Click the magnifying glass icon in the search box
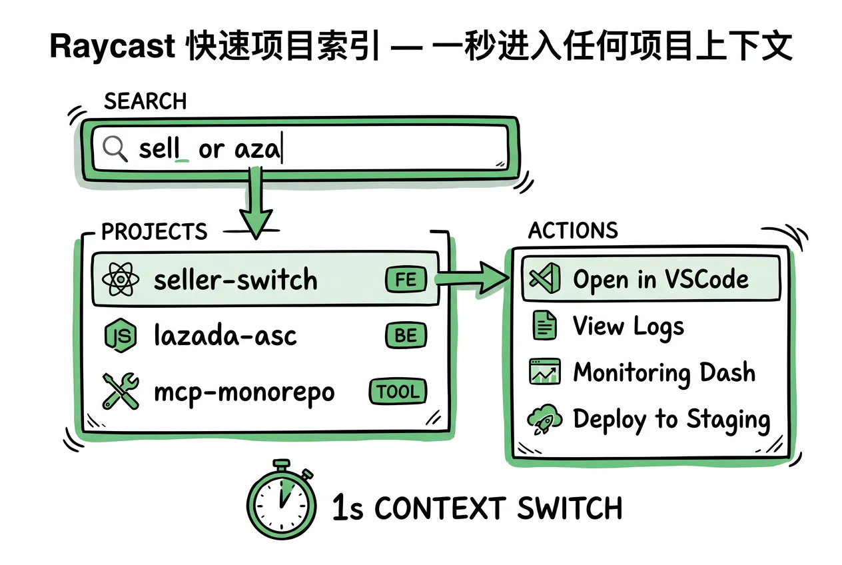click(x=115, y=148)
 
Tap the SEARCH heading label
click(x=145, y=101)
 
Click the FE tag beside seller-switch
click(x=405, y=280)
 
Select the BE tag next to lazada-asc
click(x=405, y=336)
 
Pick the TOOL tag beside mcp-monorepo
click(x=398, y=392)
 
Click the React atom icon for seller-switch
click(x=121, y=280)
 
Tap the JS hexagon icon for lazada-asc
click(x=121, y=336)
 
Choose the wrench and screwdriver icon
click(x=121, y=391)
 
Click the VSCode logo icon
click(x=542, y=279)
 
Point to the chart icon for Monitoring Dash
click(x=544, y=372)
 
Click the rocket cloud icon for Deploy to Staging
click(x=543, y=420)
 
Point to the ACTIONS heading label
click(x=573, y=231)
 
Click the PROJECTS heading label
click(x=155, y=232)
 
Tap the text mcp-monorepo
click(x=244, y=392)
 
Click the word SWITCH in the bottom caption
click(x=570, y=509)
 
